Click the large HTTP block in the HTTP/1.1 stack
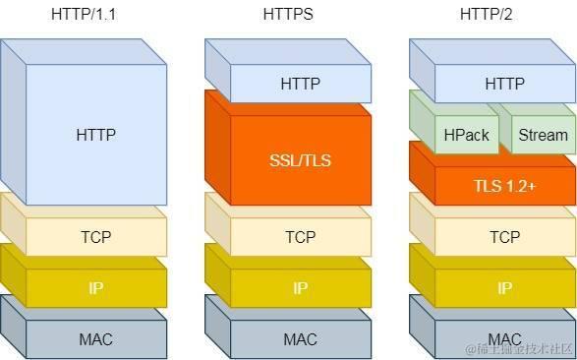pos(95,135)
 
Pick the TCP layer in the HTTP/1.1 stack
pos(95,237)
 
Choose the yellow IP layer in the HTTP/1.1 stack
pos(95,288)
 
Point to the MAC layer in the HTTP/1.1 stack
pos(95,339)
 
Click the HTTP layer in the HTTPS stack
pos(300,84)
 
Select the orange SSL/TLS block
pos(300,160)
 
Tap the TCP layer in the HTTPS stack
pos(300,237)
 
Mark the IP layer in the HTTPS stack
pos(300,288)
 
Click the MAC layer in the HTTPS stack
pos(300,339)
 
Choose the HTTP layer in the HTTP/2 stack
pos(504,84)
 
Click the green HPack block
pos(466,135)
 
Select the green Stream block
pos(543,135)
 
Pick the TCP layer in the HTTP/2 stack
pos(504,237)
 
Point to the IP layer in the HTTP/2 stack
pos(504,288)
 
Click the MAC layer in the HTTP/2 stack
pos(504,339)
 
